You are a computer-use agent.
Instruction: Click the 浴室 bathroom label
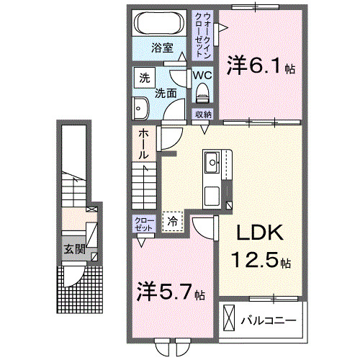point(162,48)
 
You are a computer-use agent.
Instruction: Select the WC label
point(201,75)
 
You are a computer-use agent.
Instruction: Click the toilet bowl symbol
point(202,91)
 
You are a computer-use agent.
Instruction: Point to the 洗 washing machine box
point(144,77)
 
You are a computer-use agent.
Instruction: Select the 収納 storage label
point(202,114)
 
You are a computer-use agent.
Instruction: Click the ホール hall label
point(143,143)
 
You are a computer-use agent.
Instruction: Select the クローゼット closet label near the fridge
point(143,224)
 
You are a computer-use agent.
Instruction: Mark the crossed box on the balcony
point(229,317)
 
